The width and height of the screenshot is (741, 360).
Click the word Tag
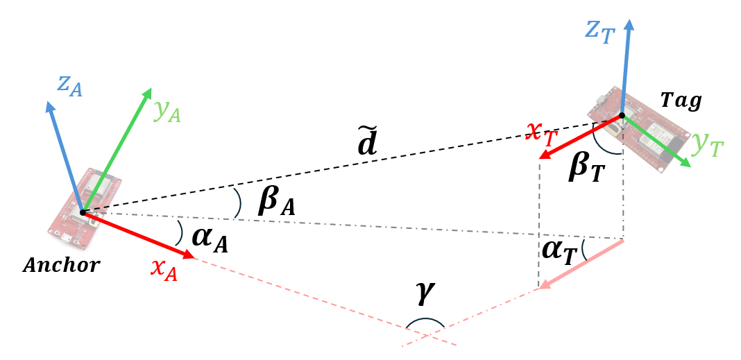[x=680, y=101]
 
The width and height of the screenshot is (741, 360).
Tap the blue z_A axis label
[x=69, y=87]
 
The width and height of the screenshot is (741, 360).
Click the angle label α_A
[x=210, y=239]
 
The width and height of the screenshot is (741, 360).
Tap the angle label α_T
[x=559, y=251]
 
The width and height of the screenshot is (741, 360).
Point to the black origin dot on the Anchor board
[x=83, y=212]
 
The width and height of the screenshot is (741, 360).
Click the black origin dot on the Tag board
[x=622, y=115]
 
